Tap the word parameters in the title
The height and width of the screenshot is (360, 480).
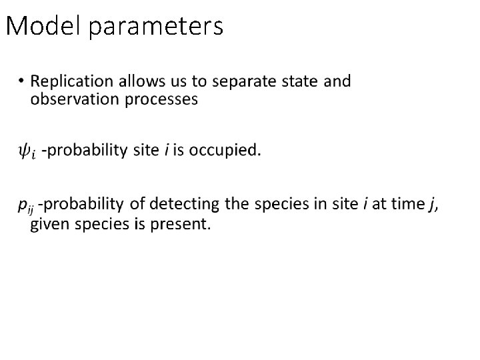click(155, 27)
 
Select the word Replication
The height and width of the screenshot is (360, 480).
click(72, 82)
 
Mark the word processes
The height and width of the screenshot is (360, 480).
click(164, 100)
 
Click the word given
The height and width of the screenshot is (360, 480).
click(50, 223)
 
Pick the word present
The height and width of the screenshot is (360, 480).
click(182, 223)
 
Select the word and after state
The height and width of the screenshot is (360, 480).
click(337, 81)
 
